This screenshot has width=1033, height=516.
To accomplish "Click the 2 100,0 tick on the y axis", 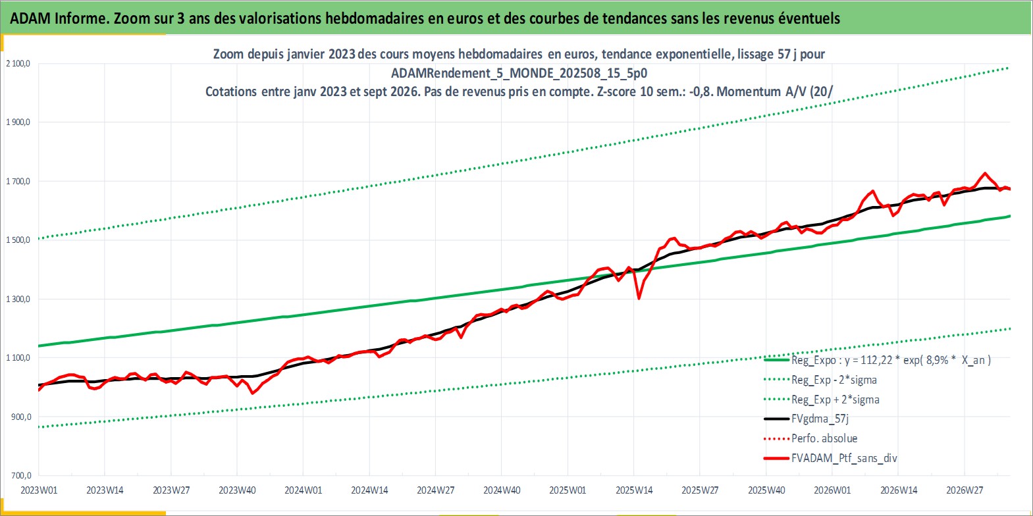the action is coord(18,63).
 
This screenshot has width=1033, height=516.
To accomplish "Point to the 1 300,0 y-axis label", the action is coord(18,299).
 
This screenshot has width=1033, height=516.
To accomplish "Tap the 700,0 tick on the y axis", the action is coord(22,475).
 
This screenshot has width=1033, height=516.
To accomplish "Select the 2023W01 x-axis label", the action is coord(39,490).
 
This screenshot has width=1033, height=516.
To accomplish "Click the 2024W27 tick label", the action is coord(435,490).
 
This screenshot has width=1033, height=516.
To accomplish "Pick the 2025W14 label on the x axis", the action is coord(634,490).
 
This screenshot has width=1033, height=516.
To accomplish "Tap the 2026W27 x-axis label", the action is coord(965,490).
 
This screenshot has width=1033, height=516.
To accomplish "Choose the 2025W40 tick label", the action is coord(766,490).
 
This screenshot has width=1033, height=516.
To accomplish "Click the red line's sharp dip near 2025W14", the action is coord(639,298).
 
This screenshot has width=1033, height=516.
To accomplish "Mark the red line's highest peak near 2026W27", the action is coord(984,173).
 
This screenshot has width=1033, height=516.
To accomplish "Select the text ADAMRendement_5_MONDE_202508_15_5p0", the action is coord(519,73).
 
